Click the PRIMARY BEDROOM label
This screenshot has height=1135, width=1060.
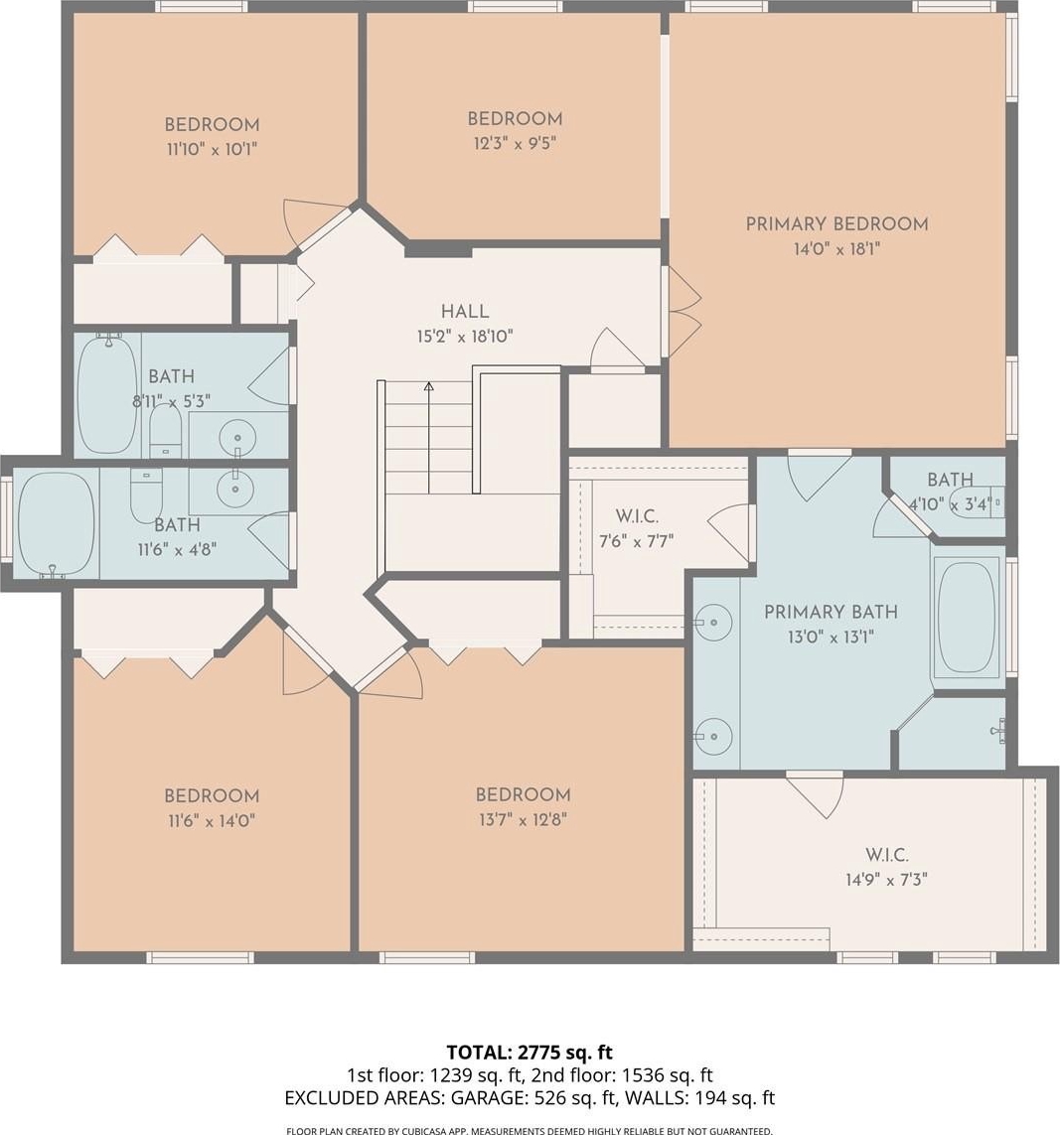click(x=837, y=224)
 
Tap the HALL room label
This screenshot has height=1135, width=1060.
click(x=465, y=312)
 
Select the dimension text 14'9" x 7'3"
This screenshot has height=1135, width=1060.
click(x=887, y=880)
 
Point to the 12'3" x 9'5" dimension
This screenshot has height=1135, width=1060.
click(x=515, y=143)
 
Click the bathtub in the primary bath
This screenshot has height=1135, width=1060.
click(x=967, y=617)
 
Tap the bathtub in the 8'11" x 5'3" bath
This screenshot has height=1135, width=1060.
click(x=108, y=394)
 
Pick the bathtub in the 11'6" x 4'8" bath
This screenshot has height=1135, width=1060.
click(x=57, y=524)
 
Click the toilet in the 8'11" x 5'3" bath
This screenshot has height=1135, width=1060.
click(x=166, y=431)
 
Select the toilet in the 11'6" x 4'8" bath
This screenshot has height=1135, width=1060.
click(x=146, y=495)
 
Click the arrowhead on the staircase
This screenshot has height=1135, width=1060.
click(x=428, y=386)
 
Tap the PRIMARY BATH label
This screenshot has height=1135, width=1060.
click(x=832, y=613)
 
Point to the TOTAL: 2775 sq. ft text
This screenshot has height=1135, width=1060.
click(x=530, y=1052)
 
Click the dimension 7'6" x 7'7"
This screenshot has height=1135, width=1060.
click(x=637, y=541)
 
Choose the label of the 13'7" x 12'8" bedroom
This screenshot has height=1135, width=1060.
click(x=523, y=794)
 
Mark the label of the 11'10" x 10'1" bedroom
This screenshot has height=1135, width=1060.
click(x=213, y=124)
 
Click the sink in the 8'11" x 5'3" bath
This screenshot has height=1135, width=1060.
click(x=237, y=437)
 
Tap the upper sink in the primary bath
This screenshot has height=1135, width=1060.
click(x=712, y=622)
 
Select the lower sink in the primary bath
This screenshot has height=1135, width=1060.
click(x=712, y=736)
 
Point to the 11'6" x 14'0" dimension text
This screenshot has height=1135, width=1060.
click(x=212, y=821)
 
